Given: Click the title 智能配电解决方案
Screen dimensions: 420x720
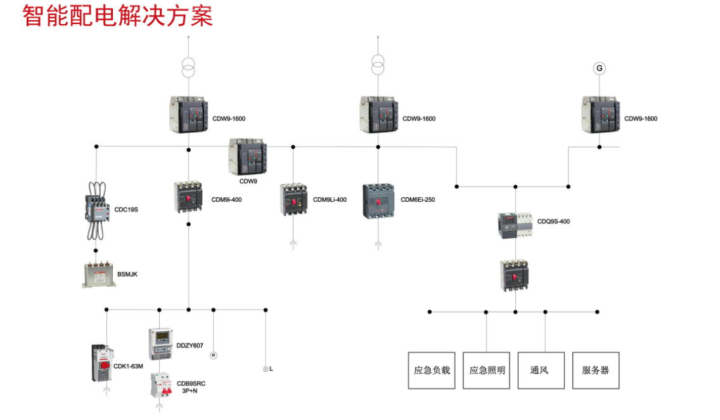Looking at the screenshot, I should pos(118,15).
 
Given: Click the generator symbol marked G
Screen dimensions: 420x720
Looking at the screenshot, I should pos(599,68).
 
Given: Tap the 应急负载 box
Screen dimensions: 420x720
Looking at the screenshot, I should pos(432,370).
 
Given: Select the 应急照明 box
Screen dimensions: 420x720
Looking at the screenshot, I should pos(487,370).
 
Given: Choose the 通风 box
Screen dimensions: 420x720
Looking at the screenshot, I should pos(539,370).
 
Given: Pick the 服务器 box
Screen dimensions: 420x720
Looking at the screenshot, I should pos(595,370).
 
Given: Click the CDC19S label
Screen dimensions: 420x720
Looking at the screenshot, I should pos(126,209).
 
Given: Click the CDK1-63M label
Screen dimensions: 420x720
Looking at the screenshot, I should pos(128,366).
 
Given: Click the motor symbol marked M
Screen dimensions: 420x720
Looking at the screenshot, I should pos(214,355).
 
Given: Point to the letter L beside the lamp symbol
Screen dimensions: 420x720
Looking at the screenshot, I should pos(271,369).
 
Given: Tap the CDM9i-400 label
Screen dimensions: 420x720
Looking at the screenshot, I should pos(226,200).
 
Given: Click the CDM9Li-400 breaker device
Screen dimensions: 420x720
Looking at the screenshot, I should pos(293,200).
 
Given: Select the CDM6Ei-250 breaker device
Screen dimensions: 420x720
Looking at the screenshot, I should pos(378,200).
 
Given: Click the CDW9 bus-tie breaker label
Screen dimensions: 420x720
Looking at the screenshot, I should pos(248,181).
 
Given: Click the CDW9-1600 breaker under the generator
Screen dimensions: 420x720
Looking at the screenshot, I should pos(599,114).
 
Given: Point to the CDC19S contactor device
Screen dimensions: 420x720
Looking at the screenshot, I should pos(96,206).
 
